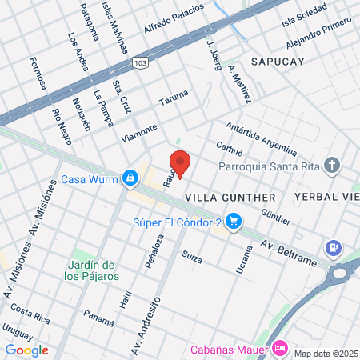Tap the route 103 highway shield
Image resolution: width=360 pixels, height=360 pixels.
(x=141, y=62)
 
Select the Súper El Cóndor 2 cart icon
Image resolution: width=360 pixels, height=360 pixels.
(x=234, y=220)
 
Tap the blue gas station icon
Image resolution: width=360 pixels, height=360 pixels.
(x=334, y=249)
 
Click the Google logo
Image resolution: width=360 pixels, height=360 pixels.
(x=26, y=350)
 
